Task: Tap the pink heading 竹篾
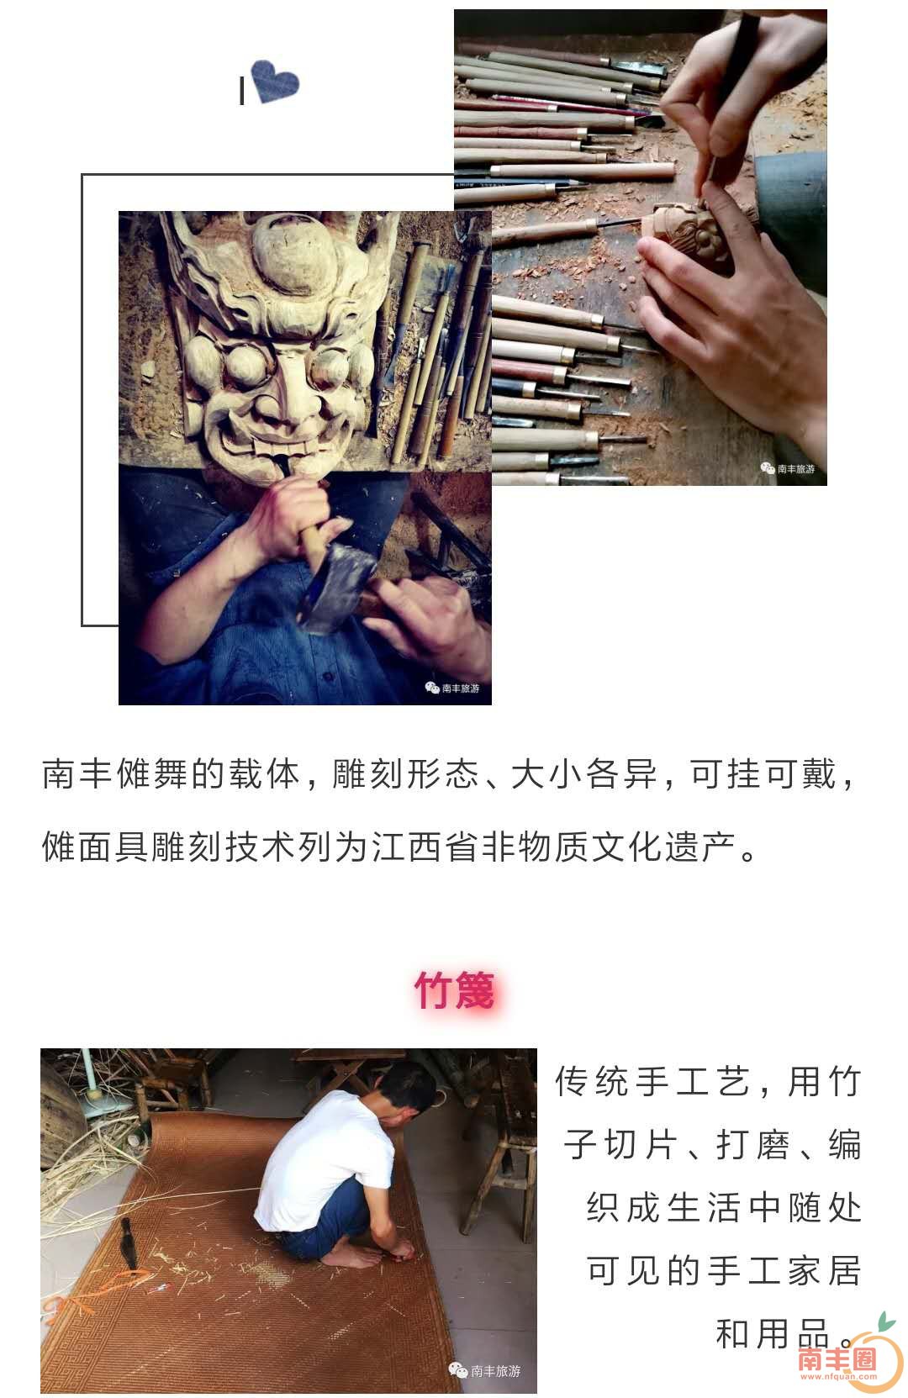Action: click(x=454, y=989)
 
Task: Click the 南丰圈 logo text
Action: click(x=837, y=1358)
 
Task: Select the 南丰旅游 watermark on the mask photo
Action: click(x=453, y=688)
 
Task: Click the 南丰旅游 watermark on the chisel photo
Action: click(x=788, y=468)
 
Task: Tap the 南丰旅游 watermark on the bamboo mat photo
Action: click(x=485, y=1370)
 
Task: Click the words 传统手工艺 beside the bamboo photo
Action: click(x=652, y=1082)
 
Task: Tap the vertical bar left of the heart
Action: click(x=242, y=91)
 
